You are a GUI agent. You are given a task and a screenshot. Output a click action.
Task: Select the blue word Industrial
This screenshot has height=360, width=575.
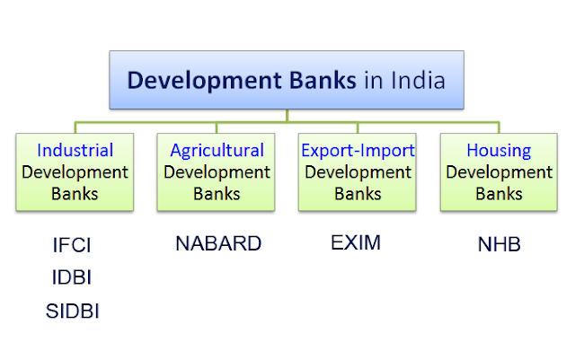coord(75,150)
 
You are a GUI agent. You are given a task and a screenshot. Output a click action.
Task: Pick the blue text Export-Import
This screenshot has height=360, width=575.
coord(358,150)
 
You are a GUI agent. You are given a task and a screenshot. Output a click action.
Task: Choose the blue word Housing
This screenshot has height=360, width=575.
coord(499,150)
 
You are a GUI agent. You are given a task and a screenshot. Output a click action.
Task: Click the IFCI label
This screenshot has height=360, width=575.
coord(72,244)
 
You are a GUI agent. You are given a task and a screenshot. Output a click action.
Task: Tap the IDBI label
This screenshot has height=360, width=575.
coord(72,277)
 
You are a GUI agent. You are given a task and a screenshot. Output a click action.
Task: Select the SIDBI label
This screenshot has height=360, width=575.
coord(72,311)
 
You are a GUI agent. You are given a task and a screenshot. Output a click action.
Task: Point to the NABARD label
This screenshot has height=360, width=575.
coord(219,243)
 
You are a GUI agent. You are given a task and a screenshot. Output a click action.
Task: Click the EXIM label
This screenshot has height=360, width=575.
coord(356,243)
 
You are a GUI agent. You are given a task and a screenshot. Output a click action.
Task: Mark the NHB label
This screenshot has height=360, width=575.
coord(499,244)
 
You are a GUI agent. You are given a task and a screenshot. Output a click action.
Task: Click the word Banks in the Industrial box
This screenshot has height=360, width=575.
coord(75,192)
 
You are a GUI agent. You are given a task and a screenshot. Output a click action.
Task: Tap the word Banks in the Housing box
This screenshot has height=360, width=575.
coord(499,192)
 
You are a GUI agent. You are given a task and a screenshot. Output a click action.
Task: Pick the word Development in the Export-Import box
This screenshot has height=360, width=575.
coord(358,171)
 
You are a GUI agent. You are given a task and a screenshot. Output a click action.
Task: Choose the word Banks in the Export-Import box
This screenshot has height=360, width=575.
coord(358,192)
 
